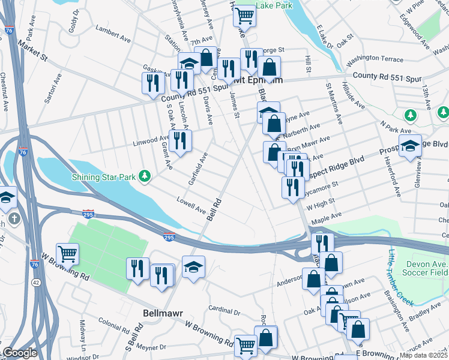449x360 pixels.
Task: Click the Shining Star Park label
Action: click(104, 176)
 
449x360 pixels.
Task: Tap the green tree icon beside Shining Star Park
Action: click(144, 176)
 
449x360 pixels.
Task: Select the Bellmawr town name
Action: click(161, 313)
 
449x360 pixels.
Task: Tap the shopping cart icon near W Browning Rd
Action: click(67, 254)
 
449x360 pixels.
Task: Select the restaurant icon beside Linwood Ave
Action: click(179, 140)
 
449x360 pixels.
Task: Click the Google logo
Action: click(20, 353)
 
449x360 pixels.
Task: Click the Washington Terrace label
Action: click(375, 59)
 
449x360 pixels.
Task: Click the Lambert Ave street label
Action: click(113, 34)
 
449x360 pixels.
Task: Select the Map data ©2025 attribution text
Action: click(424, 355)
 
